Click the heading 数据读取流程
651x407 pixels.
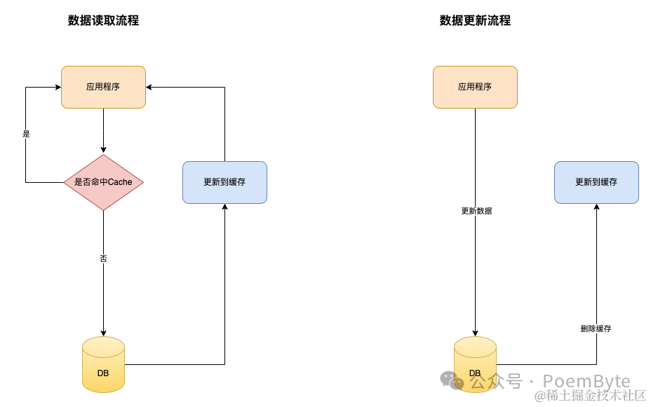pos(103,21)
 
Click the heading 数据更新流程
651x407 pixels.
pos(475,21)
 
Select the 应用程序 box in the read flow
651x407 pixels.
pos(103,87)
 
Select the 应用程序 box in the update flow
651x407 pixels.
pos(475,87)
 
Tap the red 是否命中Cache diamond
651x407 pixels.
pos(103,182)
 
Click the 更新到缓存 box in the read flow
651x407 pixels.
pos(224,182)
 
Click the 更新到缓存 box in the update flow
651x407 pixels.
pos(596,182)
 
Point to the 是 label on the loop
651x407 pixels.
pos(27,133)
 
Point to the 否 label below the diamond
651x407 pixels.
pos(103,258)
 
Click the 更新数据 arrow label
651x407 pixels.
pos(476,211)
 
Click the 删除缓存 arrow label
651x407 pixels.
pos(596,329)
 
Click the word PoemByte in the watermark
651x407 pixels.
pos(587,381)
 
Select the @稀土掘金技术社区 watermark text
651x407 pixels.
pos(590,396)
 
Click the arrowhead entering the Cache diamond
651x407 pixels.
pos(103,150)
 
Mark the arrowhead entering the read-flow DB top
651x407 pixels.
pos(103,333)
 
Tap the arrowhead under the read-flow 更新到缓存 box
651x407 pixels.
pos(224,207)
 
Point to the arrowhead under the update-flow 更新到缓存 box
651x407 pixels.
pos(596,207)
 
